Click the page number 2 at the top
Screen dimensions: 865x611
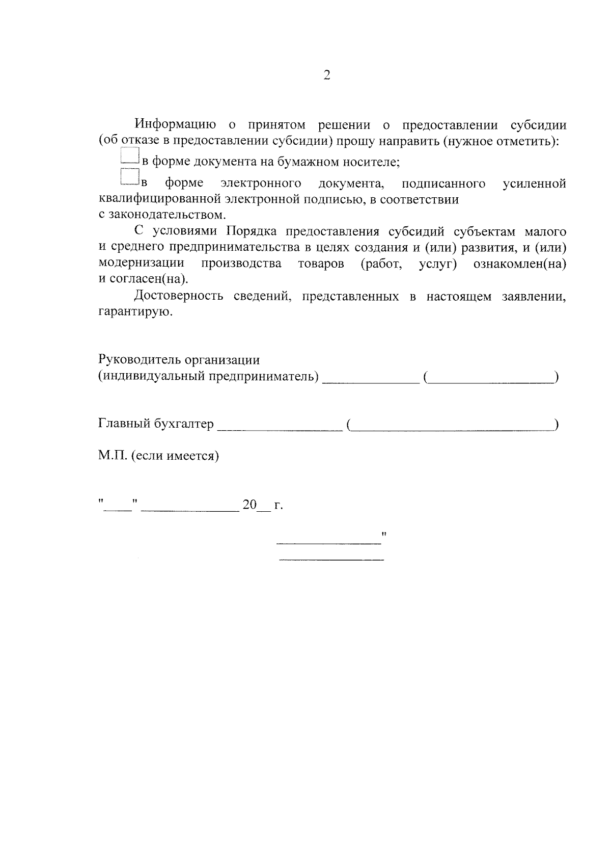click(326, 75)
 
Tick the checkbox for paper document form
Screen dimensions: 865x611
click(130, 156)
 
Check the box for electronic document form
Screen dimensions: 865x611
click(130, 177)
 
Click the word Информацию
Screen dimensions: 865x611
click(176, 125)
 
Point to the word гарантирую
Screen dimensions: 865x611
click(135, 312)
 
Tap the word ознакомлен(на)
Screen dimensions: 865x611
click(519, 264)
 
